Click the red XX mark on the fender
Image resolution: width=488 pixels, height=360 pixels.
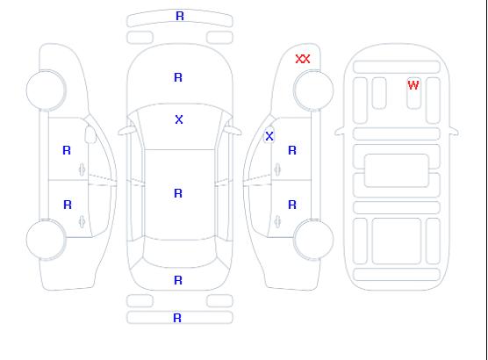(x=303, y=59)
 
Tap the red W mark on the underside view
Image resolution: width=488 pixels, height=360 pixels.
(x=413, y=84)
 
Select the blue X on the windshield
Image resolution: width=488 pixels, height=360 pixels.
(x=179, y=119)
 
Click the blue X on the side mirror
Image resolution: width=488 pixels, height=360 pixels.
(x=269, y=136)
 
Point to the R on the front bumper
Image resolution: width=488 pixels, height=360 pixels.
(x=180, y=16)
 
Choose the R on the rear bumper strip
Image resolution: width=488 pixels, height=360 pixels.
(x=177, y=318)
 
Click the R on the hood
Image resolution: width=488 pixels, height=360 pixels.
(x=178, y=77)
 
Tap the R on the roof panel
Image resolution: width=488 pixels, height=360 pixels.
(x=178, y=193)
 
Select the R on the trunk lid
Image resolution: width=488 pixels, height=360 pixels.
(x=178, y=280)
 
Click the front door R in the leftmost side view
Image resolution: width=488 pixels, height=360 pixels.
(x=67, y=150)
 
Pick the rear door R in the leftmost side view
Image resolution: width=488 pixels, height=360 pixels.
(x=68, y=205)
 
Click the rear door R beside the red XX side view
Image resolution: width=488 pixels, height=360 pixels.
(x=292, y=205)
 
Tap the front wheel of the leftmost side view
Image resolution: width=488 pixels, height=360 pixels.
(x=46, y=90)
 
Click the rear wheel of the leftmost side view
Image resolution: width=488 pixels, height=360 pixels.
(x=46, y=239)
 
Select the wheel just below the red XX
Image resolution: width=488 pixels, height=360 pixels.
(x=313, y=90)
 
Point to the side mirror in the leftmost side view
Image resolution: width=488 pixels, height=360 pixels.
(x=90, y=134)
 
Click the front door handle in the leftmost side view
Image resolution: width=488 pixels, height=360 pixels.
(x=82, y=169)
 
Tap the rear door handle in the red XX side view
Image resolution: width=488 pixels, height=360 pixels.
(x=277, y=221)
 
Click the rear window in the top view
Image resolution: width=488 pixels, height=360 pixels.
(x=180, y=253)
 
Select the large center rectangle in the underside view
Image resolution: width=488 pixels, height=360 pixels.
(x=397, y=170)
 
